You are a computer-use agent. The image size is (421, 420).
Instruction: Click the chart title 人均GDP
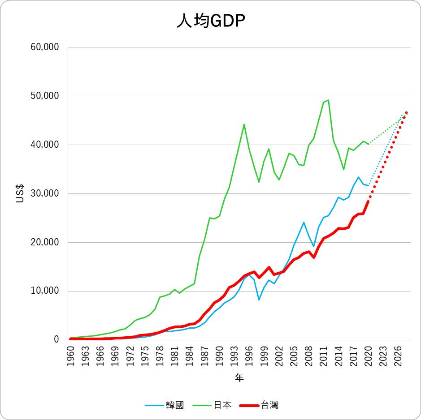pyautogui.click(x=210, y=21)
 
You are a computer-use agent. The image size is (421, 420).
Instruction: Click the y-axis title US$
pyautogui.click(x=20, y=193)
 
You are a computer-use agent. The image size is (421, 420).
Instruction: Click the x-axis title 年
pyautogui.click(x=239, y=378)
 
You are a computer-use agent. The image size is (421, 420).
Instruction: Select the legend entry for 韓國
pyautogui.click(x=165, y=405)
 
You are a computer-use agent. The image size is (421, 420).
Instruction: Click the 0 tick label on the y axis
pyautogui.click(x=57, y=340)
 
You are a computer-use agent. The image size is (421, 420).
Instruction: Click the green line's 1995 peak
pyautogui.click(x=244, y=124)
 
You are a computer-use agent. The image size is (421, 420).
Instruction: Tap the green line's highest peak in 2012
pyautogui.click(x=328, y=100)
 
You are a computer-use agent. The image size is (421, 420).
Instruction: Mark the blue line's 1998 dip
pyautogui.click(x=259, y=300)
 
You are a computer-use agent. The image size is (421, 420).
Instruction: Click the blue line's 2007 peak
pyautogui.click(x=304, y=222)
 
